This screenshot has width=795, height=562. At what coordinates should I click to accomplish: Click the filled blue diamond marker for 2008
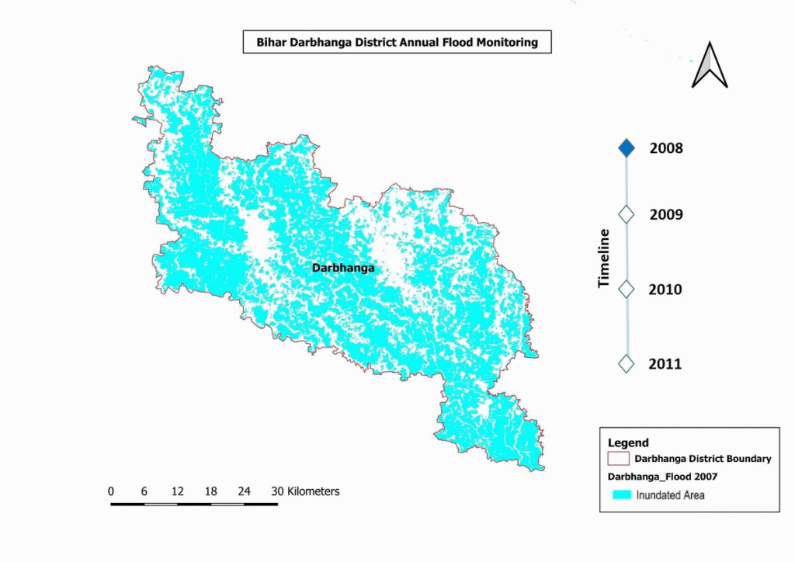[x=627, y=148]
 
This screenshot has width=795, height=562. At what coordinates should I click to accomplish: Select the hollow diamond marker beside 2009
[x=627, y=214]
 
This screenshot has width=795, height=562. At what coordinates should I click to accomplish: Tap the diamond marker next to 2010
[x=627, y=289]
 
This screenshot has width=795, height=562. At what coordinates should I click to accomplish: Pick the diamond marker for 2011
[x=627, y=363]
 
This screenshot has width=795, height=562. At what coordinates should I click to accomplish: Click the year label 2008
[x=666, y=148]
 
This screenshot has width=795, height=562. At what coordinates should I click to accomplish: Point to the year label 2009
[x=666, y=214]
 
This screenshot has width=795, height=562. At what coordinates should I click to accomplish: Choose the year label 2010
[x=665, y=290]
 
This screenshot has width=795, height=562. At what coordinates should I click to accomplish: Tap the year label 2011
[x=665, y=363]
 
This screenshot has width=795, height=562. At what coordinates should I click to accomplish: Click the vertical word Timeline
[x=604, y=258]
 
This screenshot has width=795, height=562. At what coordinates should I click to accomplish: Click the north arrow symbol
[x=710, y=65]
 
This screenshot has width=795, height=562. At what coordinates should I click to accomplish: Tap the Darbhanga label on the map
[x=343, y=268]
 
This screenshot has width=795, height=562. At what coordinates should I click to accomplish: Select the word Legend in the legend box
[x=628, y=442]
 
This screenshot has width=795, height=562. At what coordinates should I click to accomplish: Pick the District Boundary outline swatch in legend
[x=619, y=459]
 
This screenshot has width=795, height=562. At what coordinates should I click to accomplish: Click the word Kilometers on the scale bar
[x=314, y=491]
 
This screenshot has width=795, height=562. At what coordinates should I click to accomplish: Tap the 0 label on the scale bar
[x=111, y=491]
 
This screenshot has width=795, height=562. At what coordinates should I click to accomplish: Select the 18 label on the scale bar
[x=210, y=491]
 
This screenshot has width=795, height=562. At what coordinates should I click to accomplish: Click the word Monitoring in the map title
[x=508, y=43]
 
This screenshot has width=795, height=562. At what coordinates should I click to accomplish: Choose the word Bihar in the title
[x=271, y=43]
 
